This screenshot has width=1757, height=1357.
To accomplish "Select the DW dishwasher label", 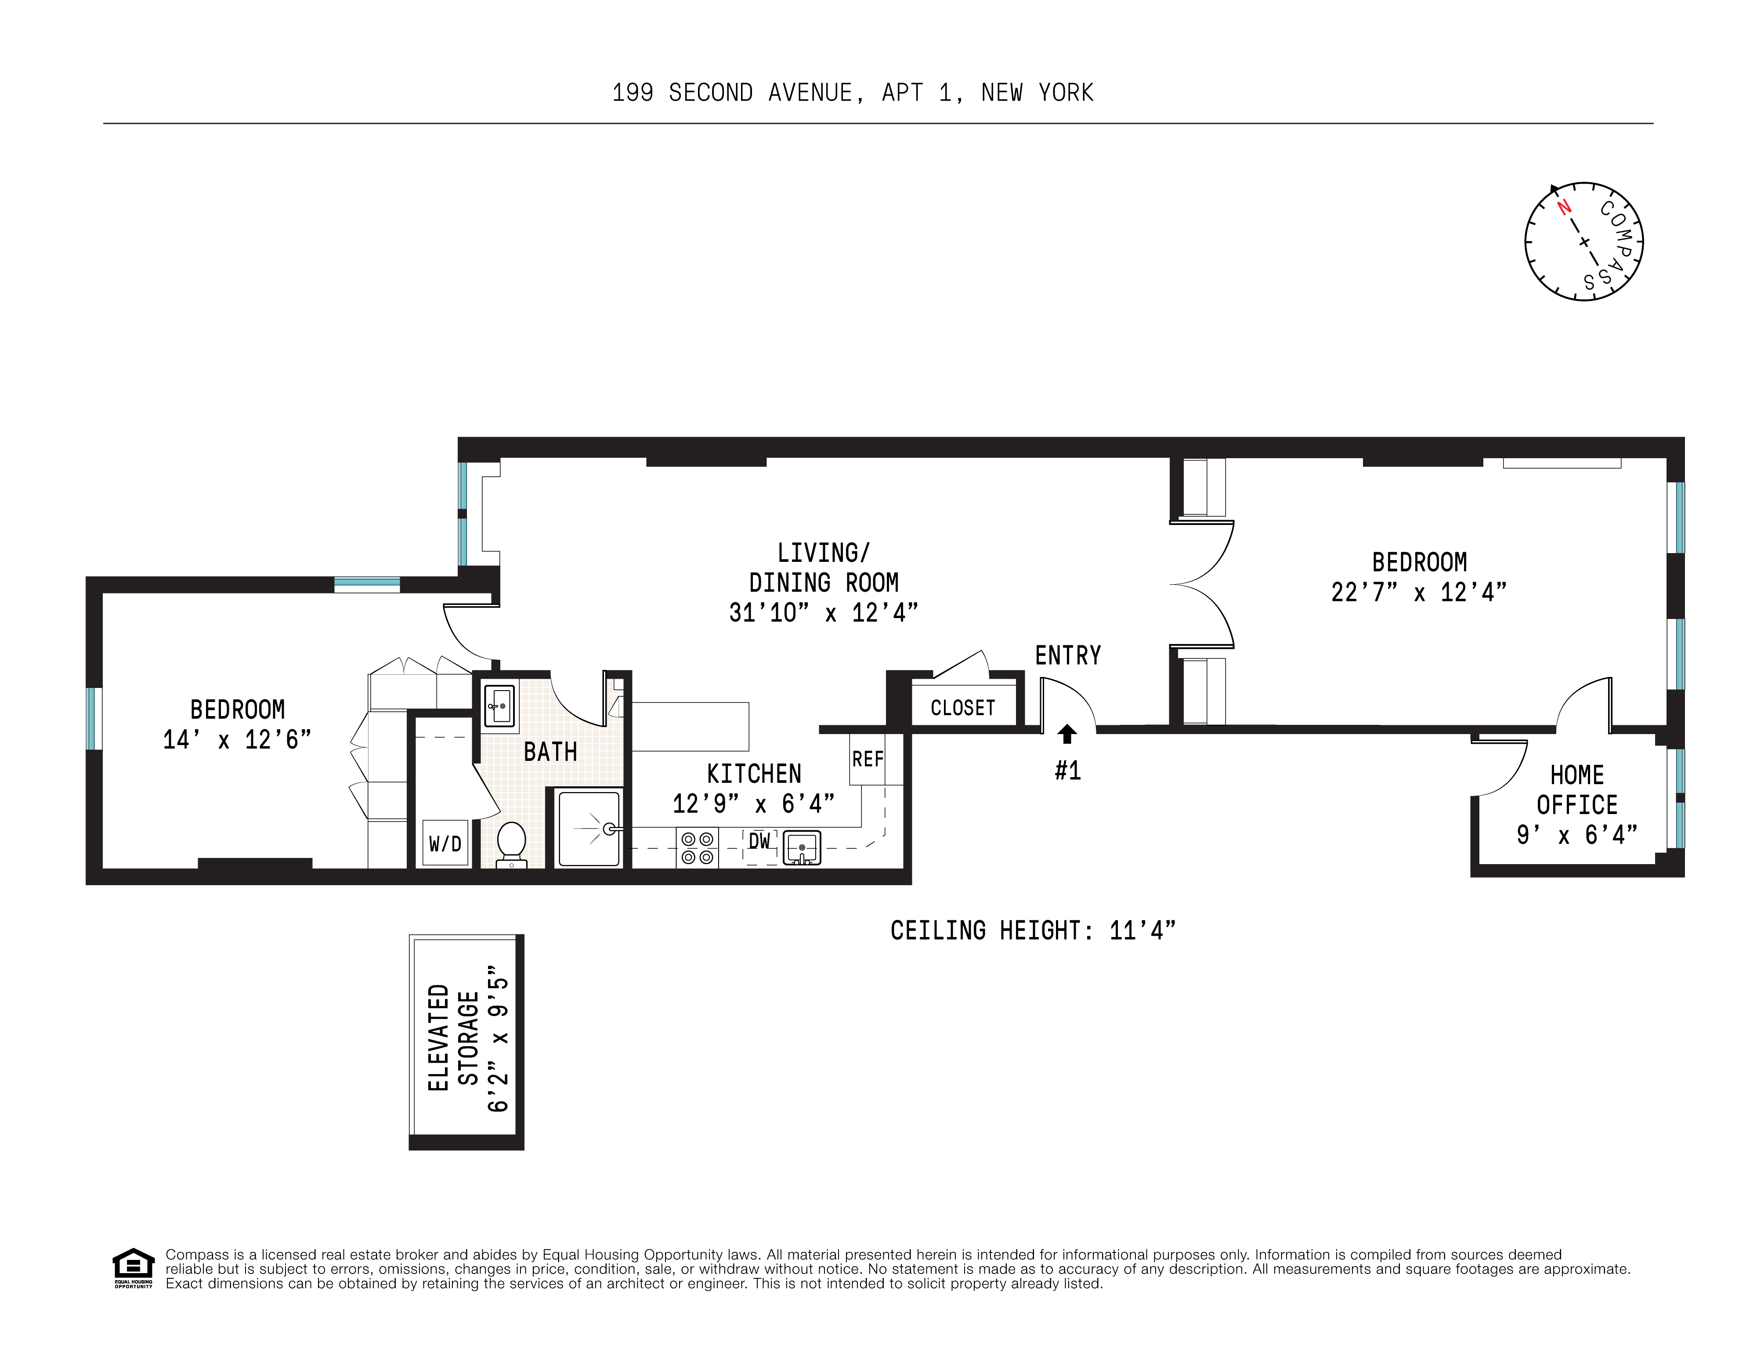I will point(759,841).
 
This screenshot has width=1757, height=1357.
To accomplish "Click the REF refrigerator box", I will point(867,759).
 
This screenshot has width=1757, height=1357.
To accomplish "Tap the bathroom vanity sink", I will point(499,707).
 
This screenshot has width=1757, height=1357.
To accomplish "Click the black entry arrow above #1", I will point(1067,734).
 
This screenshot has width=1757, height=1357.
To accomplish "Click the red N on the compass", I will point(1563,207).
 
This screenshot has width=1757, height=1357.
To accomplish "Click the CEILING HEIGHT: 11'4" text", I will point(1032,931).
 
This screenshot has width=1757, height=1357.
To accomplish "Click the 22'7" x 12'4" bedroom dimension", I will point(1418,593).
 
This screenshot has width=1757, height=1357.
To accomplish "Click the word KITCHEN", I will point(754,774).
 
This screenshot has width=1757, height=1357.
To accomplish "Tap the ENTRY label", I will point(1067,655).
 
